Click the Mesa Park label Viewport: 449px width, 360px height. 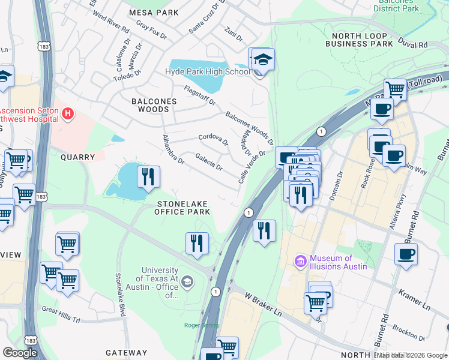(x=154, y=12)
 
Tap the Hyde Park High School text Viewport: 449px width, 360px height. (x=207, y=72)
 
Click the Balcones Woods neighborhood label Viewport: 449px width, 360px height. (x=154, y=105)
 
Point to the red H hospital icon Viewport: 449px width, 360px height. (x=68, y=113)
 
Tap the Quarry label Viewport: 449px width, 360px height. (x=77, y=157)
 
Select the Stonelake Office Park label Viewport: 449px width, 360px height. (x=182, y=208)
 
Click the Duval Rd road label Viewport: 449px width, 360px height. (x=414, y=44)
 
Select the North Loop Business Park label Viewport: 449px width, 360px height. (x=358, y=40)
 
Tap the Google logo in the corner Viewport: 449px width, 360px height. (x=19, y=352)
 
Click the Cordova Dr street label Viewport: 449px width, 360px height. (x=214, y=140)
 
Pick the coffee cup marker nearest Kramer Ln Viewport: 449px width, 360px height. (x=406, y=254)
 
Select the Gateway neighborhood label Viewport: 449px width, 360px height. (x=126, y=353)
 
